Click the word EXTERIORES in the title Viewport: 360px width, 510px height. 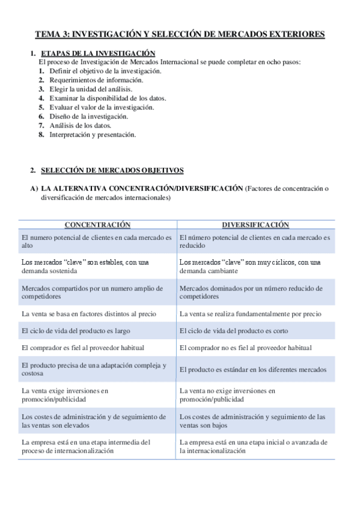pos(294,34)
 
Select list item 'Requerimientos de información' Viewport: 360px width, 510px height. pos(96,80)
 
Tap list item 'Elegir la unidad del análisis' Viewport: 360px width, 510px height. pos(90,89)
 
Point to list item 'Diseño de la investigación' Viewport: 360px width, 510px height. pos(88,116)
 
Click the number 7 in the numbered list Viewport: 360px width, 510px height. pos(41,125)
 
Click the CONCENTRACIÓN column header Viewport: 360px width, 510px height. pos(97,224)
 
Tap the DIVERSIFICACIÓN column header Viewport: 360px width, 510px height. pos(255,224)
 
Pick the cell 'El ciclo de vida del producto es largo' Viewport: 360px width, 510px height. pos(75,331)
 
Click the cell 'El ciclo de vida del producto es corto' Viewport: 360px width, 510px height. pos(234,331)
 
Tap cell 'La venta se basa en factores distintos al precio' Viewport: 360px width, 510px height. pos(88,314)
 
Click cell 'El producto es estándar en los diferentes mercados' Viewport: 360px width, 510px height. pos(252,369)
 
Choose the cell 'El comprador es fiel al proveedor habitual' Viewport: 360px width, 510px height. pos(82,348)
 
